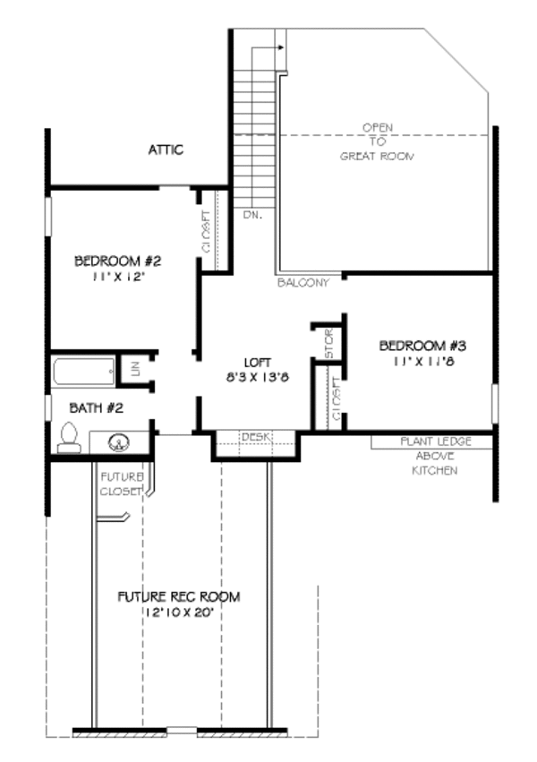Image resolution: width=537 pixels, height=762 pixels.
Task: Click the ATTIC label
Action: (x=166, y=150)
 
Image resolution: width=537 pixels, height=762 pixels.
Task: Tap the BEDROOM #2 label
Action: (x=117, y=261)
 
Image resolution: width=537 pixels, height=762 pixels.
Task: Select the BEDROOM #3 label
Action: (x=423, y=346)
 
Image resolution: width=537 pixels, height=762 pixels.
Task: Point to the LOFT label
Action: (x=258, y=362)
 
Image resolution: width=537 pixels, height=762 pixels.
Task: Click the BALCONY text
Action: (x=303, y=283)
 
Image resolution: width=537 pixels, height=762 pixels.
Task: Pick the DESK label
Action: (x=255, y=436)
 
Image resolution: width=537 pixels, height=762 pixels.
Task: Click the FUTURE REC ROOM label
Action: (x=179, y=596)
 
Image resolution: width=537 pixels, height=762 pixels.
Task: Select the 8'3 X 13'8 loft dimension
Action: (x=257, y=377)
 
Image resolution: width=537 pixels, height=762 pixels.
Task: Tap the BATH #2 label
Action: (x=97, y=408)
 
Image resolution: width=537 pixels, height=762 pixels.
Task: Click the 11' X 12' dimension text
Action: (x=117, y=278)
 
